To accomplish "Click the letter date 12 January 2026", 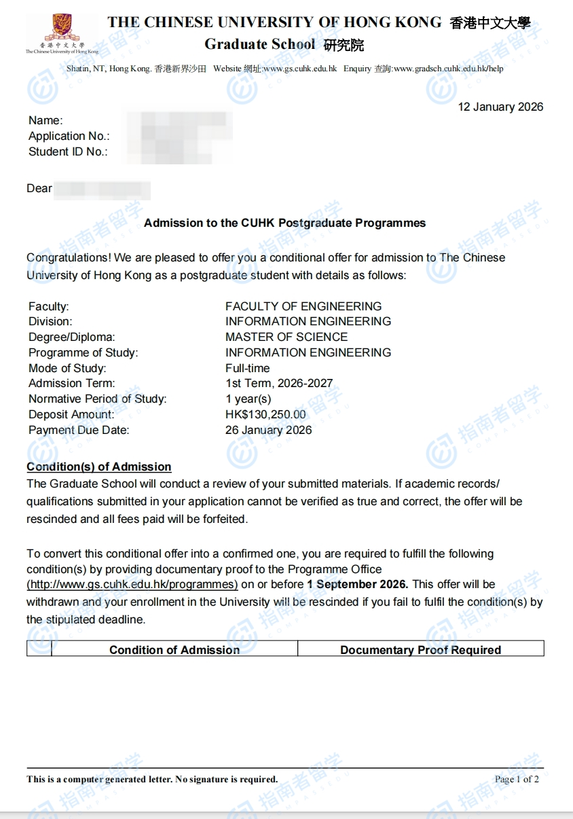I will point(500,107).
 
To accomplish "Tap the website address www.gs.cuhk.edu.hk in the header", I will point(299,69).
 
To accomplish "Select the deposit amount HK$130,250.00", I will point(265,414).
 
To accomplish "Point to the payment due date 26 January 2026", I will point(268,430).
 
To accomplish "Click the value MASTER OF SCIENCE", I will point(286,337).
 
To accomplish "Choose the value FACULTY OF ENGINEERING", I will point(303,306).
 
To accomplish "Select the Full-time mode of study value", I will point(247,368).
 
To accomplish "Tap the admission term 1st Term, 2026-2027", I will point(278,383).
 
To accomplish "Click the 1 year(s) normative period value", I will point(248,399).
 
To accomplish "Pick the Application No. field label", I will point(69,136).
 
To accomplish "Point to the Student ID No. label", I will point(68,151).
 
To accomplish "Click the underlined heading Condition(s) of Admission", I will point(98,467).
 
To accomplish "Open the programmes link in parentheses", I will point(132,585).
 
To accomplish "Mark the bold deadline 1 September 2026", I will point(357,584).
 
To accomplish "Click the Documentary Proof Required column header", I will point(420,650).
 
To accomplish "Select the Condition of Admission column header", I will point(174,650).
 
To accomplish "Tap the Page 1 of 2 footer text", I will point(517,779).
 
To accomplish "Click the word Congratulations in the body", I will point(69,258).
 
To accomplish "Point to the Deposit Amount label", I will point(71,414).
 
